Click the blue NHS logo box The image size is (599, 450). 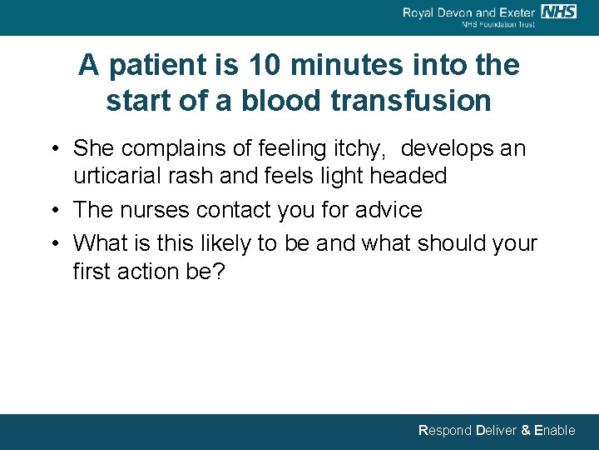(x=558, y=11)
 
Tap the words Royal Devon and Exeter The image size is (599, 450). (x=469, y=12)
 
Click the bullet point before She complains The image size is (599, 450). (x=52, y=149)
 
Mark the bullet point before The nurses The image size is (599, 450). (x=52, y=211)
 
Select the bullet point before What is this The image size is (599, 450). (x=52, y=243)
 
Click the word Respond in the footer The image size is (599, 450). (x=445, y=431)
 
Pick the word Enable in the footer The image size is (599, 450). (x=555, y=431)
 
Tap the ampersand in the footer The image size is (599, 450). (x=525, y=431)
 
